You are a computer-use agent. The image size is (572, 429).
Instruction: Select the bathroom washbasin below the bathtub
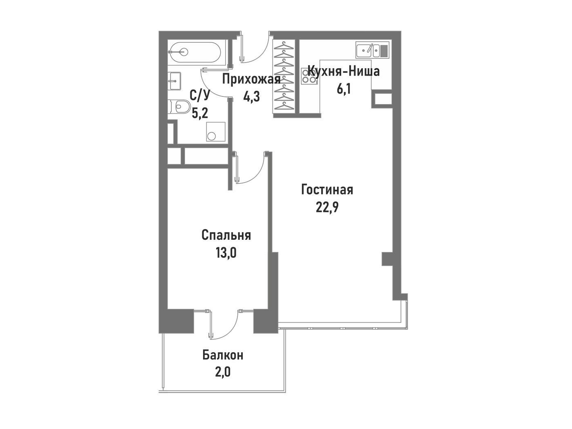coord(174,81)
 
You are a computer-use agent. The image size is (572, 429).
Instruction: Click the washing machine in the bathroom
coord(215,132)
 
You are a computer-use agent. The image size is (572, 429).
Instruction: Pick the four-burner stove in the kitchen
coord(309,76)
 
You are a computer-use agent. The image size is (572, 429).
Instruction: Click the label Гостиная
coord(327,190)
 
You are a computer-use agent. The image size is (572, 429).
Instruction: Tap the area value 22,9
coord(327,207)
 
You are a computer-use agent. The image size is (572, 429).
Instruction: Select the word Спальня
coord(226,235)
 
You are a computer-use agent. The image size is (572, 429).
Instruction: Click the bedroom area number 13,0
coord(226,252)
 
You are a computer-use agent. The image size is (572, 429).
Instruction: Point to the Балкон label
coord(223,355)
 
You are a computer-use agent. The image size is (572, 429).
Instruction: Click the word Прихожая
coord(251,79)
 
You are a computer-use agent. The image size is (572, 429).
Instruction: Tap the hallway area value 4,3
coord(252,97)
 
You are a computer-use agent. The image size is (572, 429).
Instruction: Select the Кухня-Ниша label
coord(344,71)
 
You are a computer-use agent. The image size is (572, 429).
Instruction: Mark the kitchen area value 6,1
coord(344,89)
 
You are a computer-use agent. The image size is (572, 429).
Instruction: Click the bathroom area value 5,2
coord(200,114)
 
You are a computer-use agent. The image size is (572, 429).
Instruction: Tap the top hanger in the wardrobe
coord(284,46)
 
